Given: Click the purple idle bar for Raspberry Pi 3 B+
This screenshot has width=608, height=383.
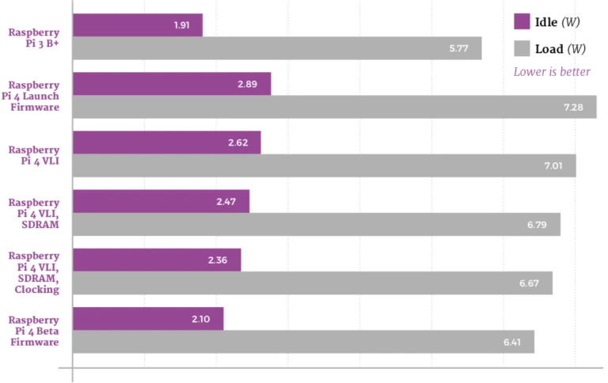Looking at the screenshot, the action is click(138, 25).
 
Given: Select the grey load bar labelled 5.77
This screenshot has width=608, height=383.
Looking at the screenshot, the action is click(277, 48).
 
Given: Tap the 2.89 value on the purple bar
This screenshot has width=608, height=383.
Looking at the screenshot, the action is click(247, 84).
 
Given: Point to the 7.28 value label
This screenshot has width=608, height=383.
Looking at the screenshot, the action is click(573, 108).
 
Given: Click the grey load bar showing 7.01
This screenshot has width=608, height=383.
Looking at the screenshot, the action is click(324, 166).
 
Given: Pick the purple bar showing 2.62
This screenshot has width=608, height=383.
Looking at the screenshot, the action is click(167, 142).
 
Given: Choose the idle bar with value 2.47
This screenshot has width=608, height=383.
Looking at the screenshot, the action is click(161, 202).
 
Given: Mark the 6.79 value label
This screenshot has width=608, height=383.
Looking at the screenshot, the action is click(537, 225).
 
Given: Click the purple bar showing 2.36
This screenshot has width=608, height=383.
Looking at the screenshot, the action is click(157, 260).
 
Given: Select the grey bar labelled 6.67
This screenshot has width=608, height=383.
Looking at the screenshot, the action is click(313, 283).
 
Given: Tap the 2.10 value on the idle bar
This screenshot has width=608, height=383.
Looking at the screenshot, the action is click(201, 319).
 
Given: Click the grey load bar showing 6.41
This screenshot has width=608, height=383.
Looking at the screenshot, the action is click(303, 342).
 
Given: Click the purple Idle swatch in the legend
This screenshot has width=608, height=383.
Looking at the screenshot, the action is click(522, 21).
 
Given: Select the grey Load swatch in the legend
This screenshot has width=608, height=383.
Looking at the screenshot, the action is click(522, 48).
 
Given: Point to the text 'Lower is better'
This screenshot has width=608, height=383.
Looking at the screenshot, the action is click(552, 72).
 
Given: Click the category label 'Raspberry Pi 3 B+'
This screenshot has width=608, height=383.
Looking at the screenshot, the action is click(34, 38).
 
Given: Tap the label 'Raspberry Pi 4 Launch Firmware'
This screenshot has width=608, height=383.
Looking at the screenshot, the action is click(31, 96).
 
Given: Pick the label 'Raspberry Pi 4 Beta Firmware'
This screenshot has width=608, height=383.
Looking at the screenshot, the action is click(34, 331).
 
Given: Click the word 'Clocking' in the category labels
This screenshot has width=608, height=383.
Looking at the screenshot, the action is click(37, 290).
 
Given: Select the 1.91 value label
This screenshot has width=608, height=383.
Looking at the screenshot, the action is click(182, 25).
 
